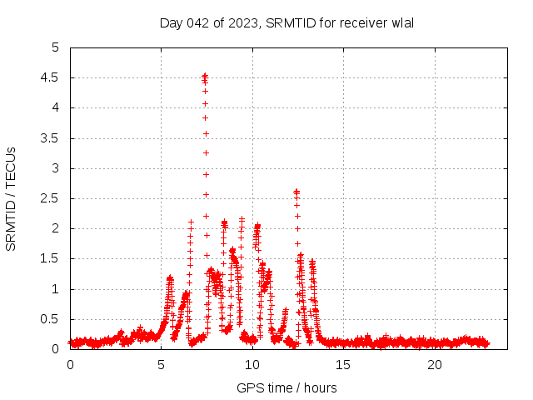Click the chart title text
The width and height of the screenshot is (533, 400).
click(286, 22)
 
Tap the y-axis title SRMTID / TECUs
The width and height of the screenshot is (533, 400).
click(11, 198)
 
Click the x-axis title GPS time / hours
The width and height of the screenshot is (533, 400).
click(286, 387)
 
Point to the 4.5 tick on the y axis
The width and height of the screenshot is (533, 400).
click(52, 77)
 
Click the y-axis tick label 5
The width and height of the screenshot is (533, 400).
click(56, 47)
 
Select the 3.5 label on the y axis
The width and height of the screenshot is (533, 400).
click(52, 138)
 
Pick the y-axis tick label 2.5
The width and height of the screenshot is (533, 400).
click(52, 198)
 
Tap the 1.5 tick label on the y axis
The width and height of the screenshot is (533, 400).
click(52, 259)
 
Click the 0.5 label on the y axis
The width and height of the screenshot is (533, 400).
click(52, 319)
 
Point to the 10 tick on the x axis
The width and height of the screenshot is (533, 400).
click(252, 365)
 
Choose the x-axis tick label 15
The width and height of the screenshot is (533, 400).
click(343, 365)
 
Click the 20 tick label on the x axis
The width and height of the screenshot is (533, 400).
click(435, 365)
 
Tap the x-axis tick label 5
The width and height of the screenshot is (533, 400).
click(161, 365)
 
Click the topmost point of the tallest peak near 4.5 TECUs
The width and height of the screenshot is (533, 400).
click(205, 75)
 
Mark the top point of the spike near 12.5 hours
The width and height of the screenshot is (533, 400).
click(296, 191)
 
